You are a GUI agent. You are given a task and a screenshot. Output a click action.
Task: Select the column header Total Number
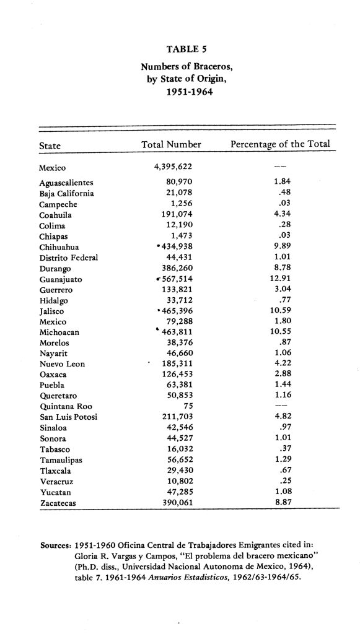point(171,145)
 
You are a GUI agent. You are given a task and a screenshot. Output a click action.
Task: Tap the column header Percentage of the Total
point(280,145)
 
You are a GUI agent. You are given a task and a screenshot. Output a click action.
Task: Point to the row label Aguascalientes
point(66,183)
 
